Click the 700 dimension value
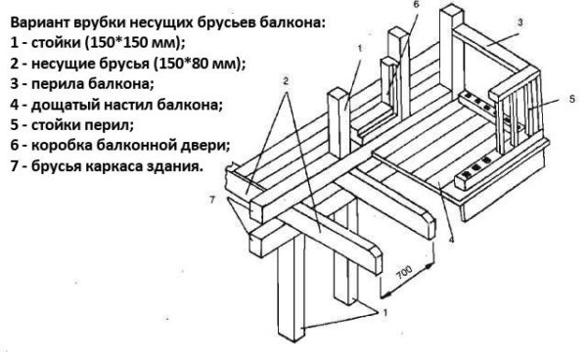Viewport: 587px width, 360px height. pyautogui.click(x=404, y=273)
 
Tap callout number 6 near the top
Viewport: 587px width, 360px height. pyautogui.click(x=417, y=4)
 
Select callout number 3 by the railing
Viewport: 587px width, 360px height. pyautogui.click(x=520, y=22)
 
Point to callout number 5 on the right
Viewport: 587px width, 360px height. pyautogui.click(x=572, y=99)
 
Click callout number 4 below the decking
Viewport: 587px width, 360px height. pyautogui.click(x=451, y=239)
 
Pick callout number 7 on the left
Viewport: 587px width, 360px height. pyautogui.click(x=212, y=200)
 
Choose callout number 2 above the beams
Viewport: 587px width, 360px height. pyautogui.click(x=286, y=81)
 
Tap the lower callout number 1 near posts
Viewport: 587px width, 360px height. pyautogui.click(x=384, y=312)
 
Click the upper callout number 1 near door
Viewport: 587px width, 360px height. pyautogui.click(x=360, y=48)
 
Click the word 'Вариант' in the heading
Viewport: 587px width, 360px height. pyautogui.click(x=39, y=22)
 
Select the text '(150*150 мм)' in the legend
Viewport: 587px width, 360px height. pyautogui.click(x=135, y=43)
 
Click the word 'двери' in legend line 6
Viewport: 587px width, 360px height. pyautogui.click(x=207, y=145)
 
